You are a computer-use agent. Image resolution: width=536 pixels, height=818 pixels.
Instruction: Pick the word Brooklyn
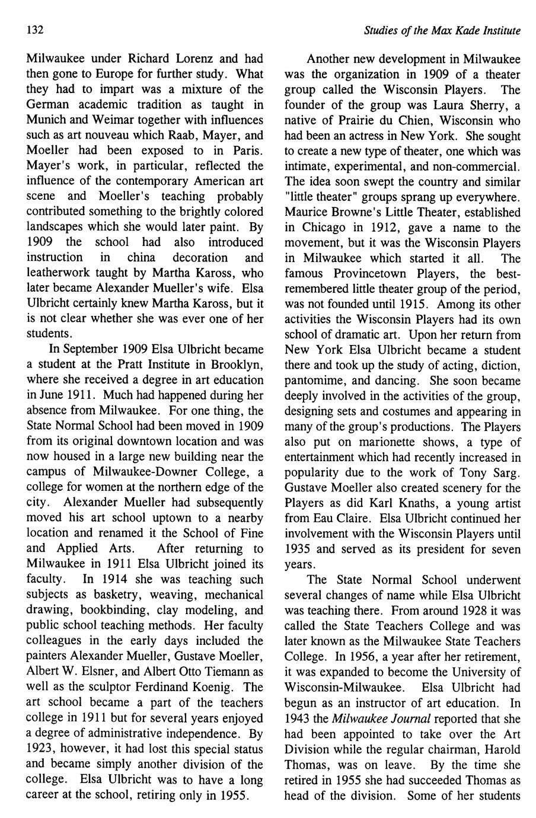236,365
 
